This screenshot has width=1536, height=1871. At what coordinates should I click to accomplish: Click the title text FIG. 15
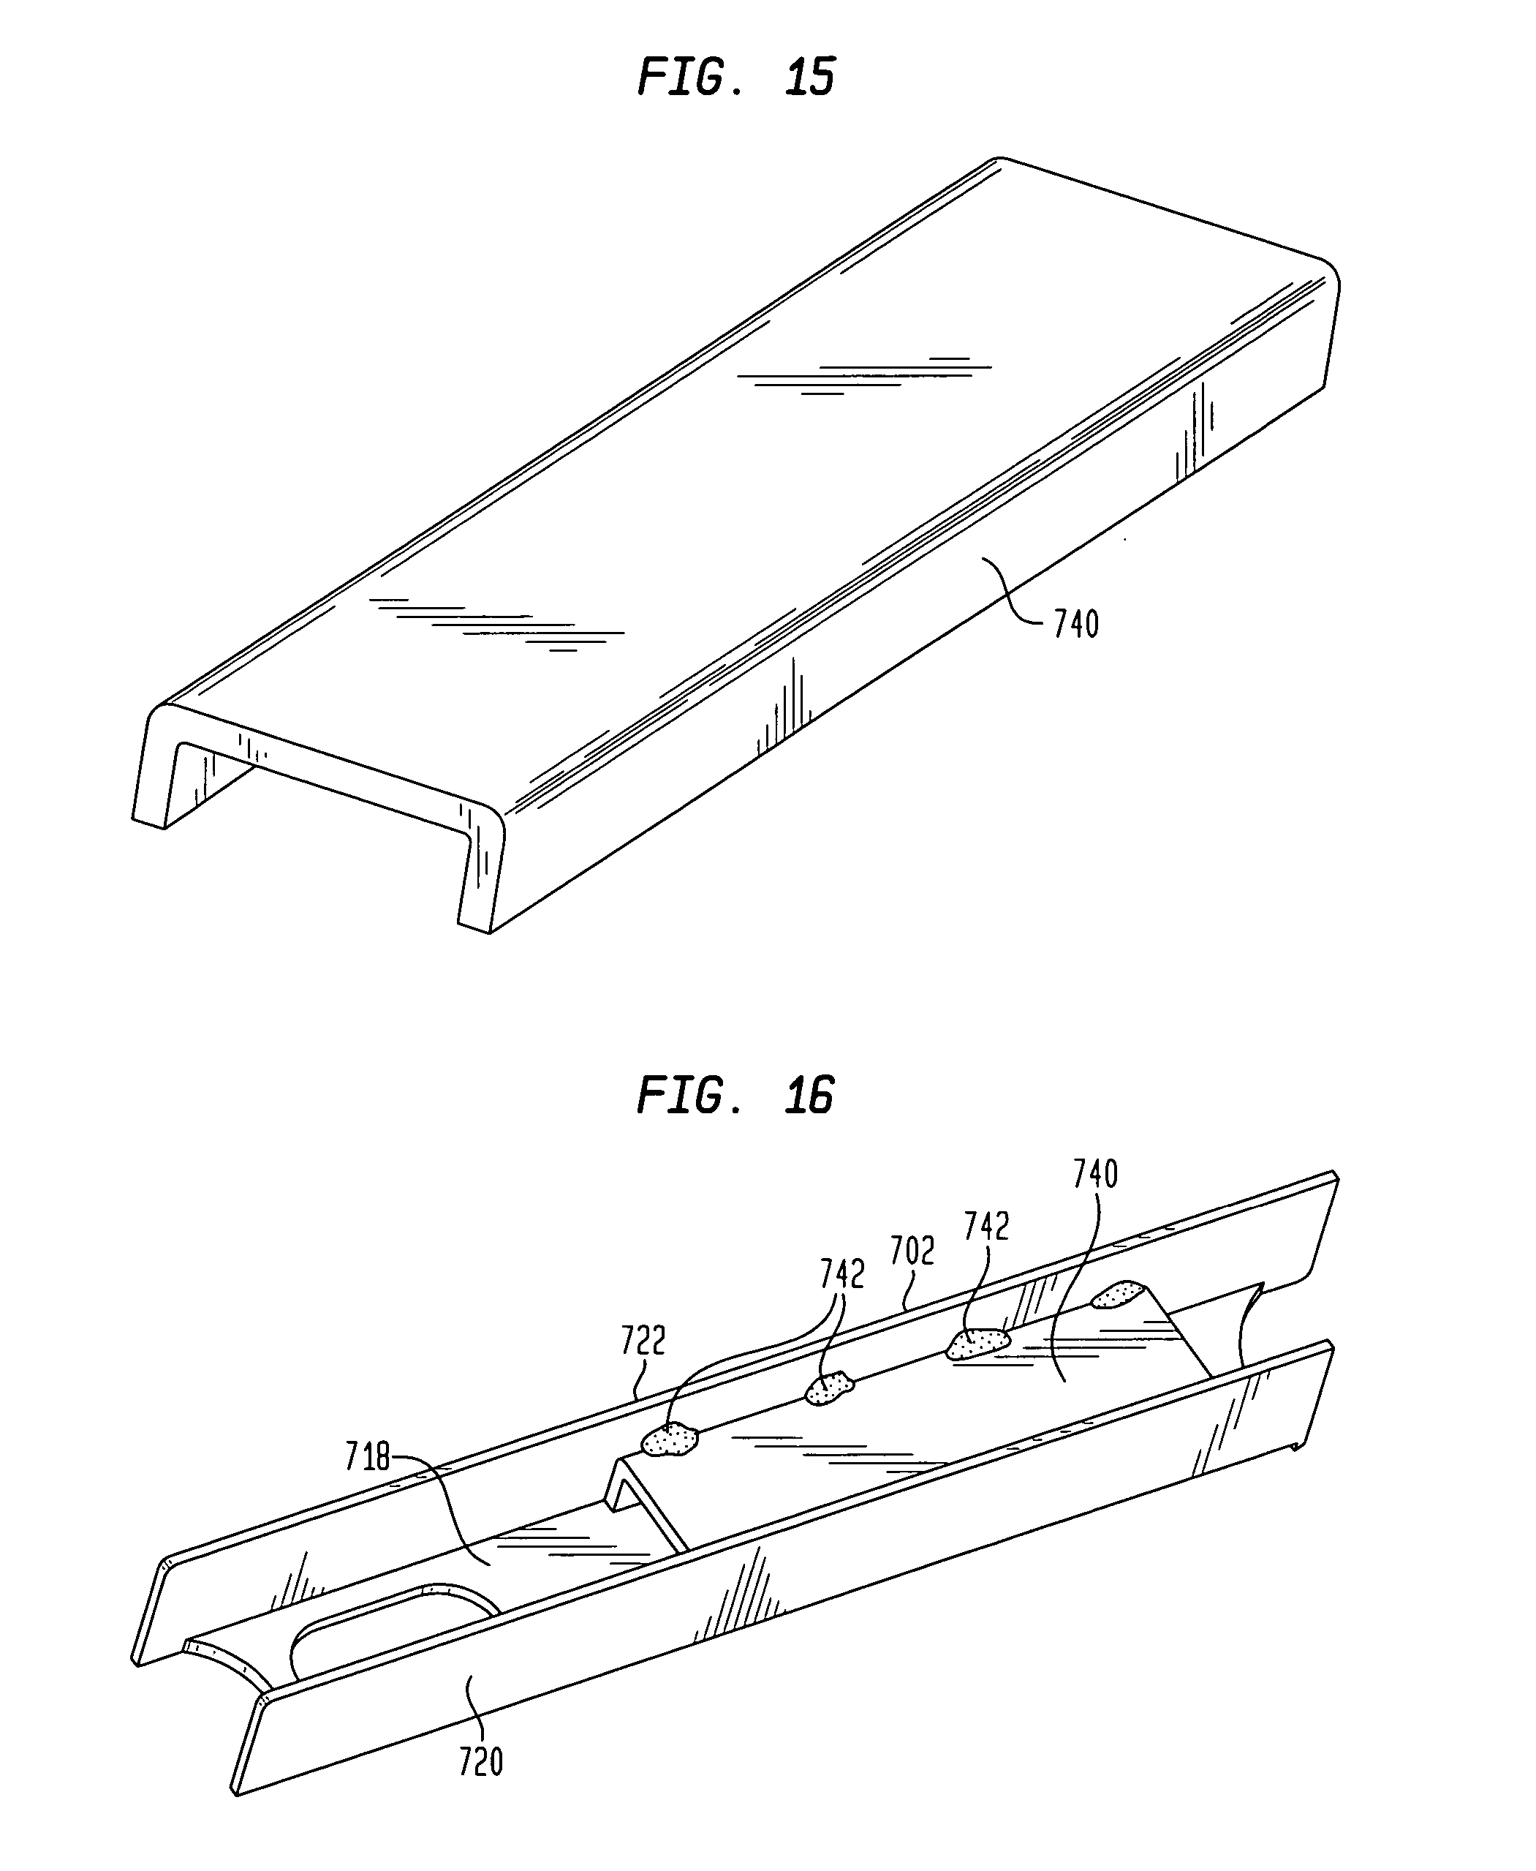(x=735, y=77)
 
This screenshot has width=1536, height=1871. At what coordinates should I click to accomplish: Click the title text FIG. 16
(x=735, y=1096)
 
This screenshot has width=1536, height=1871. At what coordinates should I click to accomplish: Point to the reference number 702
(x=912, y=1251)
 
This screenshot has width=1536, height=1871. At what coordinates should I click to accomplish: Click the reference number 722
(x=643, y=1341)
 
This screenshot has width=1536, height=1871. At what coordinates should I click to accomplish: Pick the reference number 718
(x=367, y=1458)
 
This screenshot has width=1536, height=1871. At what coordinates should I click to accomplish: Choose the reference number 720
(x=480, y=1762)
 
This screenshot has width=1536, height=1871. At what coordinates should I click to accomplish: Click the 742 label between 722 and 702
(x=841, y=1274)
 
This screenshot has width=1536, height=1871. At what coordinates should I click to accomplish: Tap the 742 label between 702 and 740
(x=986, y=1227)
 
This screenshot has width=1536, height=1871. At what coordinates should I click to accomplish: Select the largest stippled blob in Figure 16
(x=977, y=1343)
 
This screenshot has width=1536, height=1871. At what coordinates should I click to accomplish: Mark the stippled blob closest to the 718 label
(x=670, y=1440)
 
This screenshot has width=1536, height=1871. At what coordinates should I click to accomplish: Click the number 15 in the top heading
(x=809, y=77)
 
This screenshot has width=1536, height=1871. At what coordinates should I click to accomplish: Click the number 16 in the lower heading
(x=809, y=1096)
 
